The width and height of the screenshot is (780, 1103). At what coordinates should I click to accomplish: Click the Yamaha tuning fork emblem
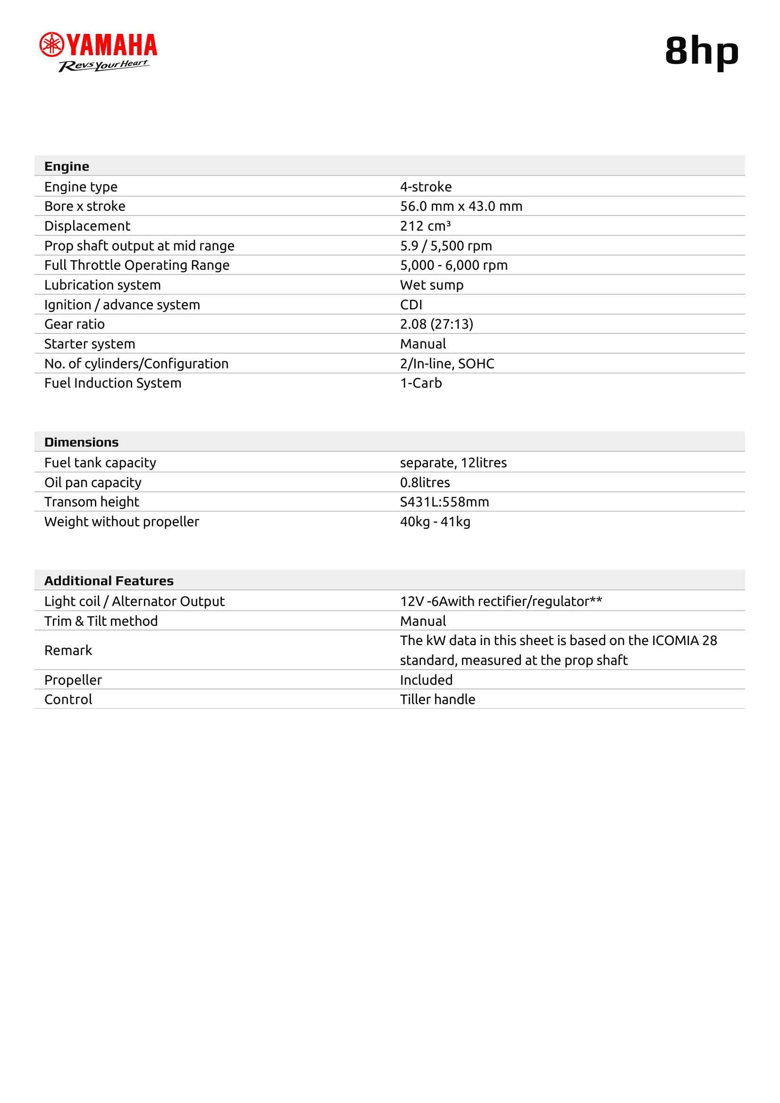tap(51, 45)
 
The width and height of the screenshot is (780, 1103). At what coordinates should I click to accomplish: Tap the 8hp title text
tap(701, 51)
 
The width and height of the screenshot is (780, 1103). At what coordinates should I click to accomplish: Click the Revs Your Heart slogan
tap(103, 66)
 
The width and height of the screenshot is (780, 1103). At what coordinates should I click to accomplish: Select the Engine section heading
tap(67, 166)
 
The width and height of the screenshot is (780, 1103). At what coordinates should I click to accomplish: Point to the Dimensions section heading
tap(81, 442)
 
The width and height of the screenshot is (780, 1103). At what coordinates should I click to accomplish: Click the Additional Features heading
tap(109, 581)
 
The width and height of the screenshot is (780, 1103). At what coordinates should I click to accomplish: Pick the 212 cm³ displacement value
tap(425, 226)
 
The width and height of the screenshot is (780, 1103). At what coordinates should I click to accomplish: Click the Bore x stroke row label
tap(84, 206)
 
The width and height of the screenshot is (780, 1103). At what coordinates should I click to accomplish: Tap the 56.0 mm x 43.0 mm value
tap(461, 206)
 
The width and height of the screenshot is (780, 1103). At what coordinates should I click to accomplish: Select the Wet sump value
tap(432, 285)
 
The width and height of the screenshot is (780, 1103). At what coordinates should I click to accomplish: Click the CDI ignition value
tap(411, 305)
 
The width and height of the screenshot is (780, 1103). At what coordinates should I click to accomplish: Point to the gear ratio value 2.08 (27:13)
tap(436, 324)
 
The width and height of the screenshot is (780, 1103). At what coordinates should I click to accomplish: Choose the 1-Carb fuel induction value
tap(420, 383)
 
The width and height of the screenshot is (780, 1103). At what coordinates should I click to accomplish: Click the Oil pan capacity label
tap(93, 482)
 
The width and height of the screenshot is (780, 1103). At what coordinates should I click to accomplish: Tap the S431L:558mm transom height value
tap(444, 502)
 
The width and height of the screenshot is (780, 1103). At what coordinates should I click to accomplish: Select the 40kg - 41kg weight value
tap(435, 522)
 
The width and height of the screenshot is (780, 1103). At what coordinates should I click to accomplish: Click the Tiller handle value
tap(437, 699)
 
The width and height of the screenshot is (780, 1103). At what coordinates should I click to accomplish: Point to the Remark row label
tap(68, 650)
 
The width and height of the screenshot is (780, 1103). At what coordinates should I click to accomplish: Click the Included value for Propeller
tap(426, 680)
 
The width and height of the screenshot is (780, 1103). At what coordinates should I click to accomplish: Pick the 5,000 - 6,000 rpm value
tap(453, 265)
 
